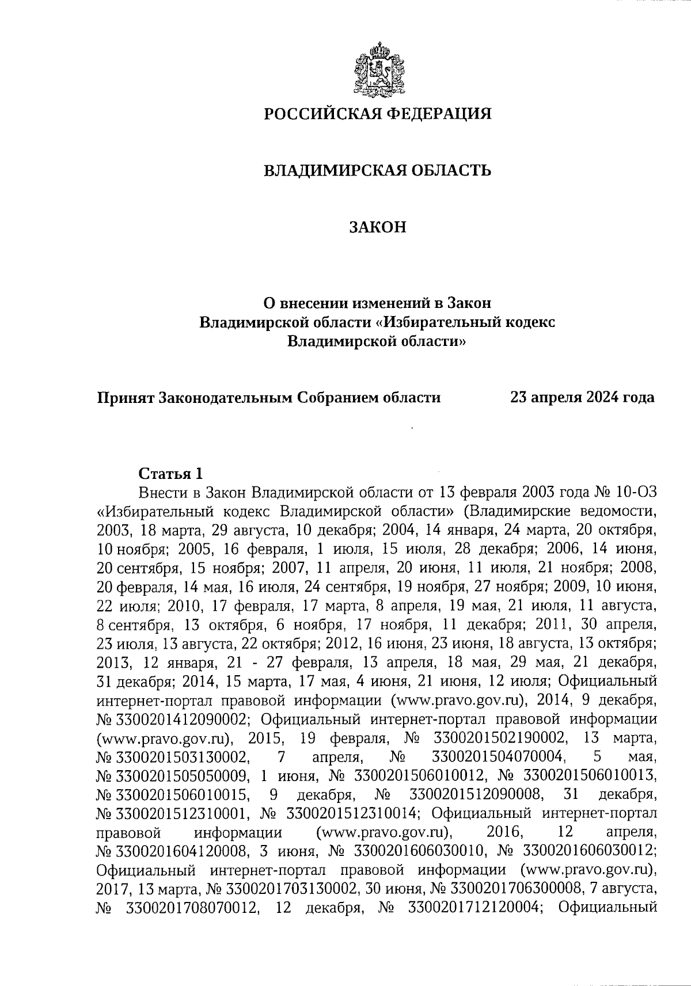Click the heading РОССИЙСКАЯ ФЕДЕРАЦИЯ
tap(378, 113)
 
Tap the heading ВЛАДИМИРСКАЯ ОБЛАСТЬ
tap(377, 170)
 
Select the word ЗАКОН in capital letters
tap(378, 227)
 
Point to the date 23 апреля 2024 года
tap(582, 397)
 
